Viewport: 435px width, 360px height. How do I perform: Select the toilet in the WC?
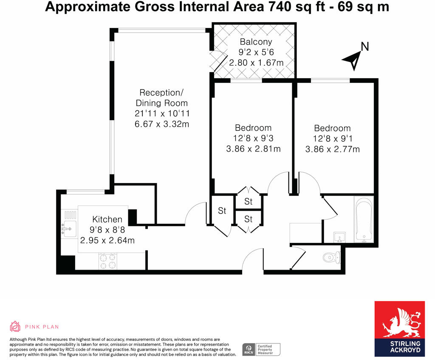point(331,256)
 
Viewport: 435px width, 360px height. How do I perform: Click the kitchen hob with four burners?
point(107,261)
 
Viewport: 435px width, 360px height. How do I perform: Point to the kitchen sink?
point(68,229)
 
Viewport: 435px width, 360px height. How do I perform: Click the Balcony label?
point(256,42)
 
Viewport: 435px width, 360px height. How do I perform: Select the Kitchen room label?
point(107,219)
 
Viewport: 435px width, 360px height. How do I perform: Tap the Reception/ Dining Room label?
point(161,98)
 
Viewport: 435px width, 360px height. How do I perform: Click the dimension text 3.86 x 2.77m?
point(333,149)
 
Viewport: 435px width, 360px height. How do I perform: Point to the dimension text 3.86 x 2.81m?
point(254,149)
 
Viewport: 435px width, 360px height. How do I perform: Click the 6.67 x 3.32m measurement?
point(161,124)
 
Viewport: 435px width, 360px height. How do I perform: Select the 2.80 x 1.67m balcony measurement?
point(256,63)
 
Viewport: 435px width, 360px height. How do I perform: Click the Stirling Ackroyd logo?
point(399,329)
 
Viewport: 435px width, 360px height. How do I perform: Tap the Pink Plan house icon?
point(15,326)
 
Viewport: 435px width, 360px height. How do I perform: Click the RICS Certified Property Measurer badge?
point(261,349)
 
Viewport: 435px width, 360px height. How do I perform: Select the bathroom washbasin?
point(339,236)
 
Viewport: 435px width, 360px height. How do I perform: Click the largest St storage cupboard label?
point(222,211)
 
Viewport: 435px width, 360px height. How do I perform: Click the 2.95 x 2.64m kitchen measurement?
point(107,241)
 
